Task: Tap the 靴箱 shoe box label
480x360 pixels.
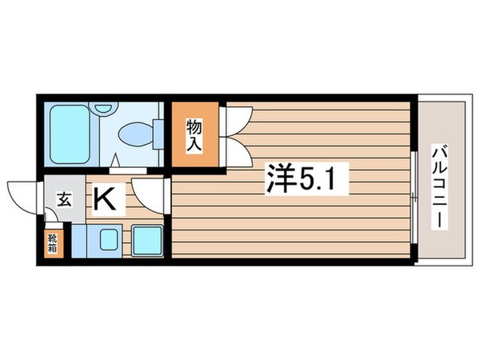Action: [50, 243]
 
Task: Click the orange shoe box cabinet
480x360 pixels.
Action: [50, 243]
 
